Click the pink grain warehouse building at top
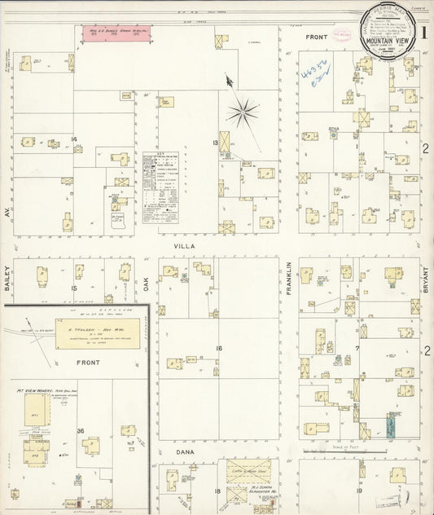[120, 33]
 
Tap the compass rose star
[243, 112]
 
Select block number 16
[218, 348]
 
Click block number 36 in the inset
[81, 431]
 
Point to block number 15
[74, 288]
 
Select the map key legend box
[160, 187]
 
